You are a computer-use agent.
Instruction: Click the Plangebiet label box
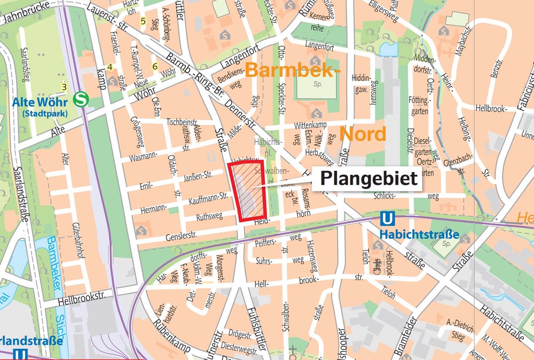(368, 179)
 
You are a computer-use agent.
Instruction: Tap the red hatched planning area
(246, 191)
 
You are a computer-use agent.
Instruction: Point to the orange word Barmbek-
(292, 70)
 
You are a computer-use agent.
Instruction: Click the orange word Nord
(363, 134)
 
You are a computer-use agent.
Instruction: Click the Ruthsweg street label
(209, 217)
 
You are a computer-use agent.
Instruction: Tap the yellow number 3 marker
(64, 87)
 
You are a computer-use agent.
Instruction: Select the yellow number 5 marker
(143, 21)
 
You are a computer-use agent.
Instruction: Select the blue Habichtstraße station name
(419, 234)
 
